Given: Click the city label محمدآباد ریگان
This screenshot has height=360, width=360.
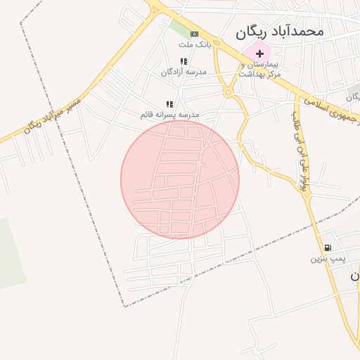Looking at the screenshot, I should [x=279, y=31].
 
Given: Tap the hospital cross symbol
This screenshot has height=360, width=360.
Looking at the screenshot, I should [x=259, y=53].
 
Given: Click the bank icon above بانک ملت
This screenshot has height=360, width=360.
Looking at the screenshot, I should [x=194, y=34].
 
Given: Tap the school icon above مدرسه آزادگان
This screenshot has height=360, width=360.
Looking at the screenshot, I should [x=184, y=62].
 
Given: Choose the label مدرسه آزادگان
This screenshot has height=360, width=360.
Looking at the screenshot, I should [x=184, y=72].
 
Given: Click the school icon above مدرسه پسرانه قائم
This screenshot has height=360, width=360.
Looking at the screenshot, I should [x=169, y=104].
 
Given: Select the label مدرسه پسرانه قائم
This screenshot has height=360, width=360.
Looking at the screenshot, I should [x=169, y=114].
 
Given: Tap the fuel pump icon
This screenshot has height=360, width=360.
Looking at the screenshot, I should [x=328, y=247].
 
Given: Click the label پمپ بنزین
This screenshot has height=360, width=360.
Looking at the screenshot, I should [x=329, y=259].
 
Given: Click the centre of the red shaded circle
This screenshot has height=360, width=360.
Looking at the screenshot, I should [x=180, y=179].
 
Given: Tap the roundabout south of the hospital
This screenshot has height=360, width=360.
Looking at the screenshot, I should [x=228, y=92].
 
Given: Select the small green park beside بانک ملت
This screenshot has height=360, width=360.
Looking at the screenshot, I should [x=179, y=28].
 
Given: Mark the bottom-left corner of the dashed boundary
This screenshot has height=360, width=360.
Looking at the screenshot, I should [x=125, y=307].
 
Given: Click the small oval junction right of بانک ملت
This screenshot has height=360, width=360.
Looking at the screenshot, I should [x=217, y=44].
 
